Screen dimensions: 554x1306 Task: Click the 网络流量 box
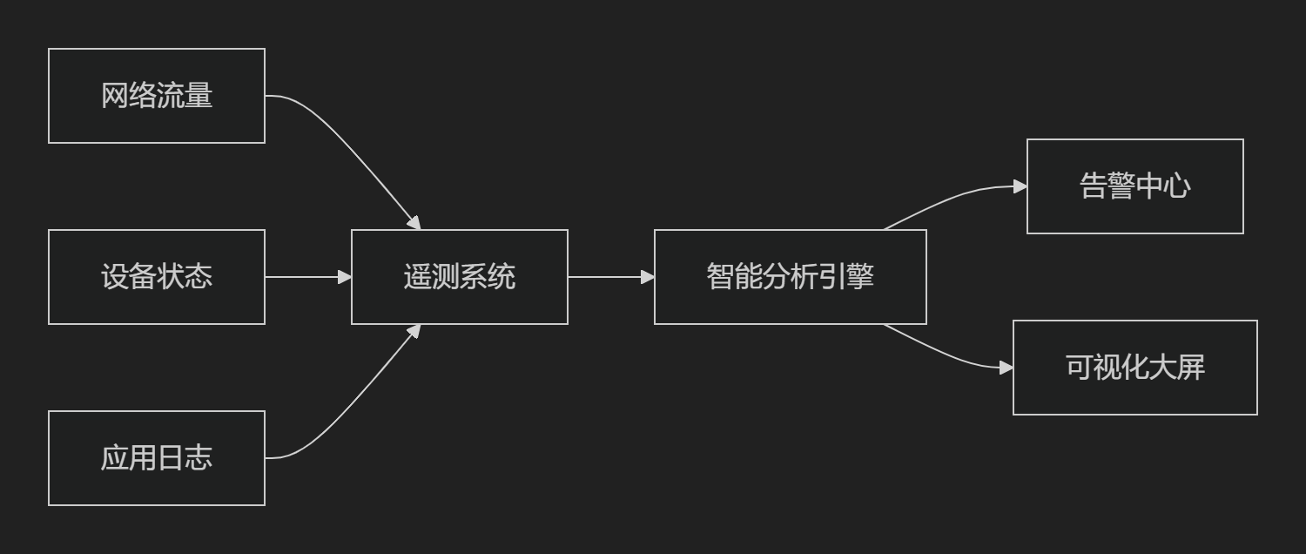(157, 96)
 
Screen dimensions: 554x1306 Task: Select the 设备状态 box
(157, 277)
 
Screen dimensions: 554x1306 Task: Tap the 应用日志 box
(157, 458)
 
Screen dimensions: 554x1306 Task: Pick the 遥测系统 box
(460, 277)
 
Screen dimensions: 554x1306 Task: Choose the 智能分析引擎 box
(790, 277)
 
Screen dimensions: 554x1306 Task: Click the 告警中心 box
(1134, 186)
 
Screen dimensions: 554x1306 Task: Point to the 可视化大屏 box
(1134, 368)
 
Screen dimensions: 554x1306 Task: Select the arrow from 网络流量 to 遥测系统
(348, 148)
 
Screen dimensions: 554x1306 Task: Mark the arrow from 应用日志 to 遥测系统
(348, 406)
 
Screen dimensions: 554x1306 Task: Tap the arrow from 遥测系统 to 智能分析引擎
(610, 277)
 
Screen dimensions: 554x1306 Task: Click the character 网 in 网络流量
(115, 96)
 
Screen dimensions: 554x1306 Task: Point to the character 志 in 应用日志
(199, 458)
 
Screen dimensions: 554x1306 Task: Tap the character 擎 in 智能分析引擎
(860, 277)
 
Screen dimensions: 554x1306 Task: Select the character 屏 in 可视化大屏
(1191, 368)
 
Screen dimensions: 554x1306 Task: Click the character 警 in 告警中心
(1121, 186)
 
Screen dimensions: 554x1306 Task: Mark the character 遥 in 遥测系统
(418, 277)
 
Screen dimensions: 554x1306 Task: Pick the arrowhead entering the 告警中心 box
(1020, 186)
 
